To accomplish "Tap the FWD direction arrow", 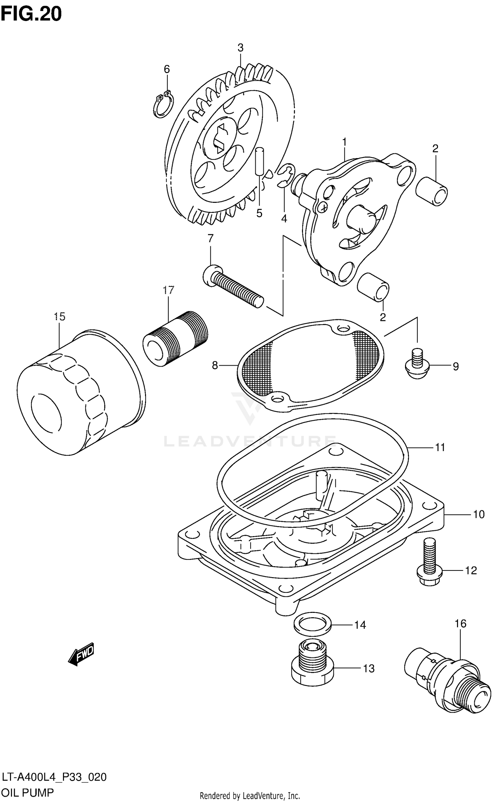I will tap(81, 654).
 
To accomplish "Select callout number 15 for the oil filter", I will tap(60, 316).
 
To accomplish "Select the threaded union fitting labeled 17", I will tap(175, 339).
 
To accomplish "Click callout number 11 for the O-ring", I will tap(440, 447).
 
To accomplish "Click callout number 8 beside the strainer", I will tap(215, 366).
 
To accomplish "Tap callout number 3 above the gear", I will tap(240, 48).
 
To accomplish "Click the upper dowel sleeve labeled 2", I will tap(432, 193).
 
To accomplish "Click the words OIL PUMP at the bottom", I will tap(28, 792).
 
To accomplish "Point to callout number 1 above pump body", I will tap(344, 142).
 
